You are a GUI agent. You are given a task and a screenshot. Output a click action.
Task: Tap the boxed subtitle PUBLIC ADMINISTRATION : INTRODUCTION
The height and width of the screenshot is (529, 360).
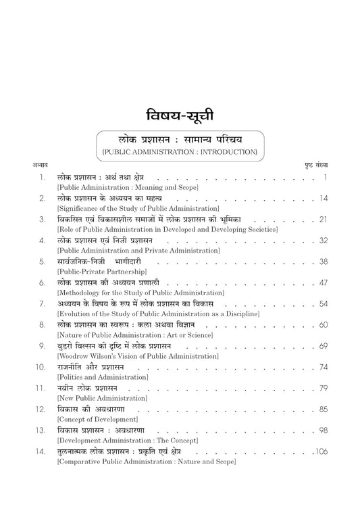[179, 153]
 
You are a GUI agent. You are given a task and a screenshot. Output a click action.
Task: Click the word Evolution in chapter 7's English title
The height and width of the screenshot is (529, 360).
[74, 313]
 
